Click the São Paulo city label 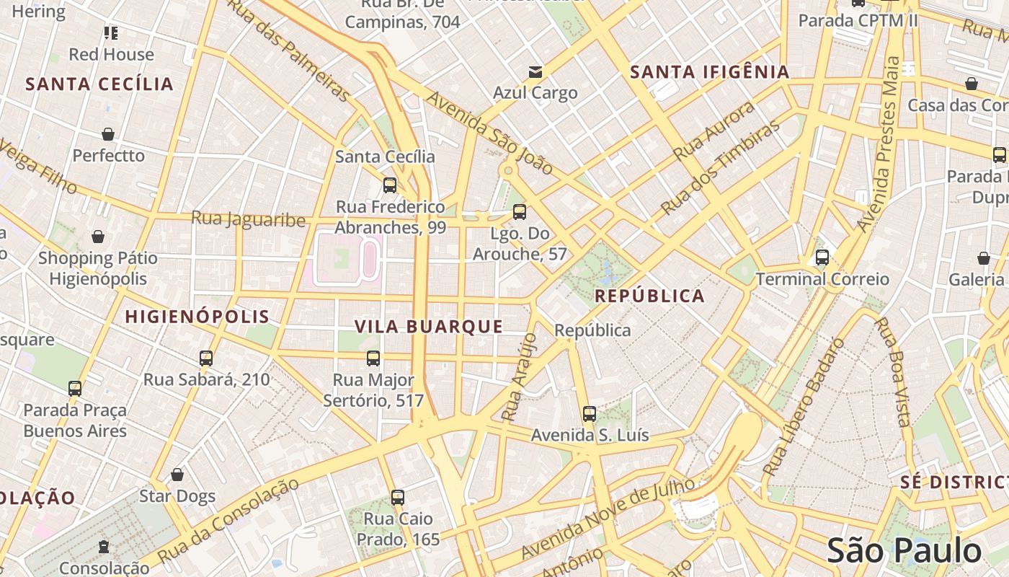pos(904,551)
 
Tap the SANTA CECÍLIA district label pos(99,84)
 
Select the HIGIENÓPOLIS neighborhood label pos(197,317)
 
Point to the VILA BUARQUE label pos(429,327)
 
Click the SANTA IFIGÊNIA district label pos(710,72)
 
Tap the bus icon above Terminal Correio pos(822,257)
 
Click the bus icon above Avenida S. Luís pos(590,414)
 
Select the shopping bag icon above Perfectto pos(108,134)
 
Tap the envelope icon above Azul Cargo pos(535,72)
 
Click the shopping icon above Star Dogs pos(177,475)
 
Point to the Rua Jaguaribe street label pos(248,219)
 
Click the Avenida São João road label pos(490,133)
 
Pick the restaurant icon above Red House pos(110,32)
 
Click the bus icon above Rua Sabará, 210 pos(206,358)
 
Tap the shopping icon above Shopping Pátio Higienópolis pos(98,237)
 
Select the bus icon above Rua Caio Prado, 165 pos(397,497)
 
